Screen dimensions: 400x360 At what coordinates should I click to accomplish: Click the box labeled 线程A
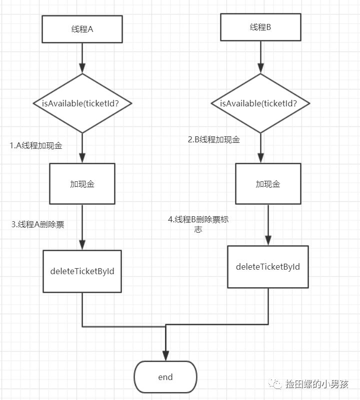(82, 29)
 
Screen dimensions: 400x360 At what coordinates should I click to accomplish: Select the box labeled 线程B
(260, 27)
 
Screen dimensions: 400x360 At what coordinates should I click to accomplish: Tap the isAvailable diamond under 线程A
(82, 103)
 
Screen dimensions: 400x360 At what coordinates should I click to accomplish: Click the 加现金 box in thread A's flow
(82, 184)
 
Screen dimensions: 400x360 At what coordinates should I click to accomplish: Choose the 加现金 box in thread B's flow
(268, 184)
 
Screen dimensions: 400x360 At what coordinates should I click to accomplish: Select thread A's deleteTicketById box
(82, 271)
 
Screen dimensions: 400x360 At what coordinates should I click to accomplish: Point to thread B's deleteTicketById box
(268, 267)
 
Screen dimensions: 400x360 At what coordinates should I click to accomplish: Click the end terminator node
(165, 377)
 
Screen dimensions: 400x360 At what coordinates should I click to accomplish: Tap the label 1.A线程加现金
(36, 145)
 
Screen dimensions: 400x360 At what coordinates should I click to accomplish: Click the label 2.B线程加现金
(214, 140)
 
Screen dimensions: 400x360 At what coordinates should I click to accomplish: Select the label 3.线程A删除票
(37, 224)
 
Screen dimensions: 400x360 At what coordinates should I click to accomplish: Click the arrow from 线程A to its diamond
(82, 58)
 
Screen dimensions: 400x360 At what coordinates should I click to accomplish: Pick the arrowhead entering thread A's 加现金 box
(82, 159)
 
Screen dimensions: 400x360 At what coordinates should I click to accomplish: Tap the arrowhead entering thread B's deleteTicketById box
(268, 240)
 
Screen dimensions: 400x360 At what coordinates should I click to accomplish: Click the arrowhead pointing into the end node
(165, 355)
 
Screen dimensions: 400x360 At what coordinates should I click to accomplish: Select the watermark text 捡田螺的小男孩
(316, 384)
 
